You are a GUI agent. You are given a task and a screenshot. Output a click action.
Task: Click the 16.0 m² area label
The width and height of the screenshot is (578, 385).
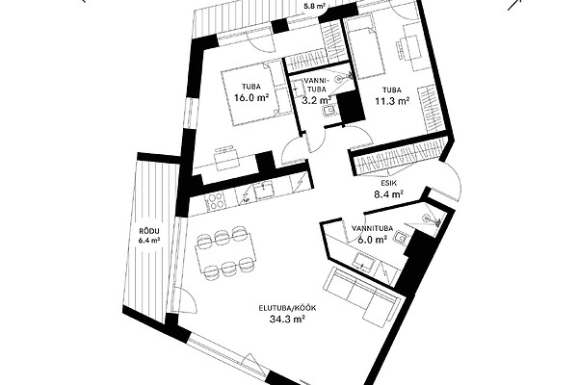(x=251, y=97)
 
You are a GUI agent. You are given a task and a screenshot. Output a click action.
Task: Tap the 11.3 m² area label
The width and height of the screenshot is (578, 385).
(x=393, y=101)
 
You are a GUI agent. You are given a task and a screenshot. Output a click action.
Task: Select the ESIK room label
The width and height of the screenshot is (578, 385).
(x=388, y=183)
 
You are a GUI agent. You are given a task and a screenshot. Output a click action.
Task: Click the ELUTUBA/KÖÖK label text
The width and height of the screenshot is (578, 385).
(x=287, y=308)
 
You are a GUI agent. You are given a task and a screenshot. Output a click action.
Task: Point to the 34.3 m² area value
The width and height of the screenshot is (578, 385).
(x=287, y=319)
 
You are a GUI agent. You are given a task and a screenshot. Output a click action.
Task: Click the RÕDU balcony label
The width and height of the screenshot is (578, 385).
(x=149, y=231)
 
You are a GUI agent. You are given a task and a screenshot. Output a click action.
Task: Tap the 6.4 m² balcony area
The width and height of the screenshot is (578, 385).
(x=149, y=241)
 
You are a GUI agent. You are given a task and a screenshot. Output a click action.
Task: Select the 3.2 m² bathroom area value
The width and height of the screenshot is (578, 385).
(x=317, y=100)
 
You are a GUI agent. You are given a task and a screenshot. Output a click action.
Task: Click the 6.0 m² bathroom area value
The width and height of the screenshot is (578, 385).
(x=372, y=240)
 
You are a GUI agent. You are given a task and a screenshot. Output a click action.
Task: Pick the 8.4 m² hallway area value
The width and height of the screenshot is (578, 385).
(x=388, y=193)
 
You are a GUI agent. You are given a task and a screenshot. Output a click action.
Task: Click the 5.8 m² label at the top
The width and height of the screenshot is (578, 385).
(x=314, y=6)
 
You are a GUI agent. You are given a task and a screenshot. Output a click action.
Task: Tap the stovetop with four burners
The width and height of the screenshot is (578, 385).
(x=215, y=202)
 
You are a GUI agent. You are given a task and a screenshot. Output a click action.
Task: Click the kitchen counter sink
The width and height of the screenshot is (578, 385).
(x=263, y=192)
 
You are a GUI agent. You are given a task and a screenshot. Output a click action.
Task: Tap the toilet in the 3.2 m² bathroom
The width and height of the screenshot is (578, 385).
(x=328, y=110)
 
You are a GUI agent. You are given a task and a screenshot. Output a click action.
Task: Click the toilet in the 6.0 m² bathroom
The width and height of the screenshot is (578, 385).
(x=401, y=239)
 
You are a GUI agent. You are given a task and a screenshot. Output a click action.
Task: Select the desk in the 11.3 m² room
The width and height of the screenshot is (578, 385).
(x=409, y=47)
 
